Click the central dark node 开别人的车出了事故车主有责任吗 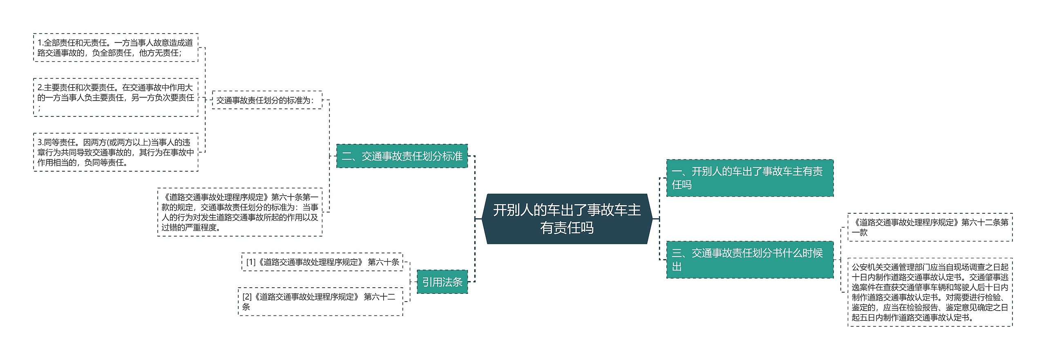pos(567,219)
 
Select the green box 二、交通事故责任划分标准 pos(402,156)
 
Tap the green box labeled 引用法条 pos(442,282)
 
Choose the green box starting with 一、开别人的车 pos(749,178)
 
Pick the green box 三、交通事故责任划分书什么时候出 pos(749,259)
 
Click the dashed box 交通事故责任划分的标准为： pos(267,100)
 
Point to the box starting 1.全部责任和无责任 pos(116,48)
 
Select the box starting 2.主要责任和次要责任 pos(116,97)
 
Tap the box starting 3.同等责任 pos(116,152)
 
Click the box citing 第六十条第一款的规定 pos(240,212)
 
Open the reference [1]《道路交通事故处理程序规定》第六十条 pos(322,262)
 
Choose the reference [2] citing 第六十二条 pos(320,302)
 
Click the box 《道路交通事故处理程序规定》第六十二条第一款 pos(930,227)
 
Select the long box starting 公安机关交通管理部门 pos(930,292)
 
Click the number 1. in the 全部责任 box pos(40,43)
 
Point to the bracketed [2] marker pos(247,297)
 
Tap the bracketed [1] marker pos(250,262)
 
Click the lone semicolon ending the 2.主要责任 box pos(39,108)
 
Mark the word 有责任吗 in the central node pos(567,228)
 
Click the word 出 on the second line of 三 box pos(677,267)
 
